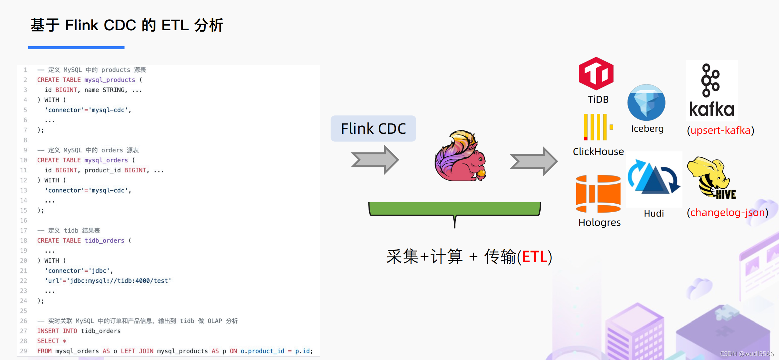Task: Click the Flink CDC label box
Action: pyautogui.click(x=373, y=128)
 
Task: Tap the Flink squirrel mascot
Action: pyautogui.click(x=460, y=157)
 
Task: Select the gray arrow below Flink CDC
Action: pyautogui.click(x=375, y=160)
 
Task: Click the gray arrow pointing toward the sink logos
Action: pyautogui.click(x=534, y=161)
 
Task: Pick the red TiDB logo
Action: pyautogui.click(x=596, y=74)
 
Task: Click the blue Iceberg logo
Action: pyautogui.click(x=646, y=102)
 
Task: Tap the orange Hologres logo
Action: pyautogui.click(x=598, y=194)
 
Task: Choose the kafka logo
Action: pyautogui.click(x=711, y=90)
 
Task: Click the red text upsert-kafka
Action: pyautogui.click(x=721, y=130)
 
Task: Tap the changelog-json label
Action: pyautogui.click(x=727, y=212)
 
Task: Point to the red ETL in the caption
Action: pyautogui.click(x=534, y=257)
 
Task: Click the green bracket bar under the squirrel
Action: pyautogui.click(x=454, y=208)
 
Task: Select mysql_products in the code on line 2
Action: pyautogui.click(x=110, y=80)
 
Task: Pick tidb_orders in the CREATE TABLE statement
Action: pyautogui.click(x=104, y=241)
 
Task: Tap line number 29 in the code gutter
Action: pyautogui.click(x=23, y=351)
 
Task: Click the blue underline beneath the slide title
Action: pyautogui.click(x=76, y=48)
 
